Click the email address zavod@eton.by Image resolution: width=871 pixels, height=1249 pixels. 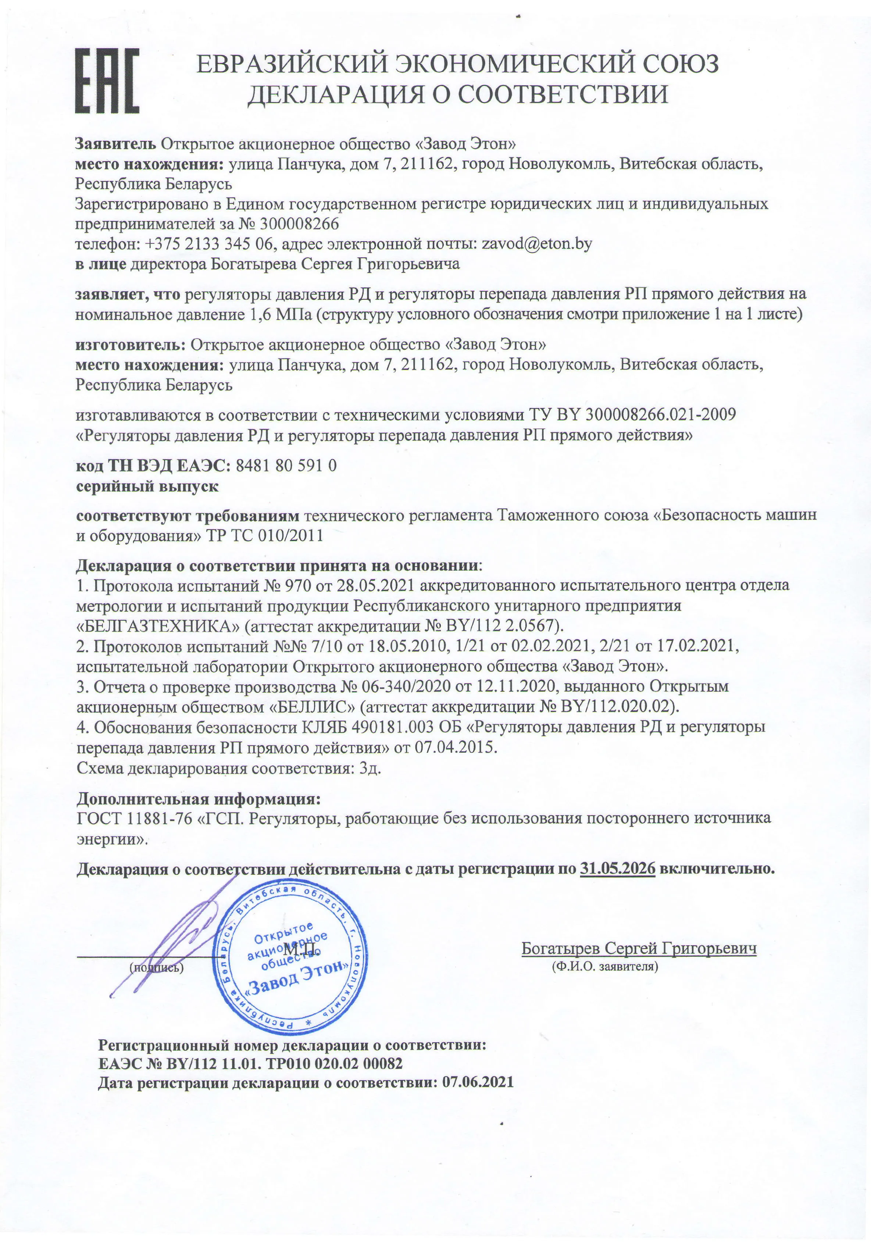pyautogui.click(x=536, y=244)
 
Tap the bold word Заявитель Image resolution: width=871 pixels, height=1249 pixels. pyautogui.click(x=115, y=144)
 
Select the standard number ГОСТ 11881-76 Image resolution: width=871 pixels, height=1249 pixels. pyautogui.click(x=134, y=818)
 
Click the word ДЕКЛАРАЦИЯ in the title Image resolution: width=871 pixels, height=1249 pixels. pyautogui.click(x=336, y=94)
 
